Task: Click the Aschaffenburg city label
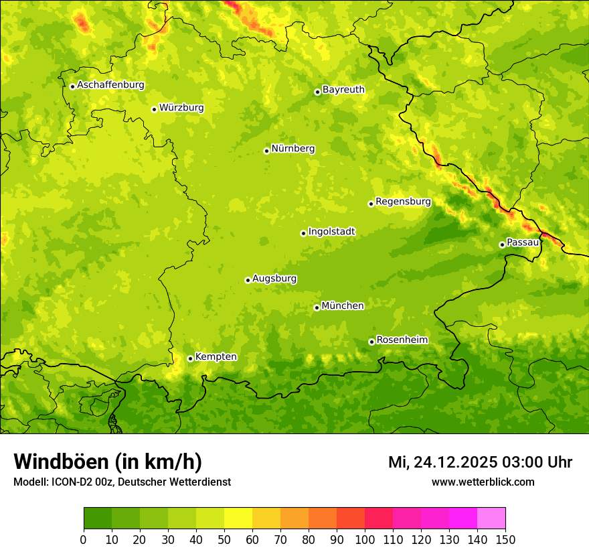pos(110,85)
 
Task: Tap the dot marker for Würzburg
pos(154,109)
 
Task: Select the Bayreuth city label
pos(343,90)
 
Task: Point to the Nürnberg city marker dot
pos(266,151)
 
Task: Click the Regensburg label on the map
pos(403,202)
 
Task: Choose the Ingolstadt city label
pos(331,232)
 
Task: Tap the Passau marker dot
pos(502,245)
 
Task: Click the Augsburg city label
pos(274,279)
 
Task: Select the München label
pos(343,306)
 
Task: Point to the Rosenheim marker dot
pos(371,342)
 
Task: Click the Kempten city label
pos(216,357)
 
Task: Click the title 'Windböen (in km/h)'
pos(108,462)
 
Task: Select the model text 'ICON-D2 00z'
pos(86,482)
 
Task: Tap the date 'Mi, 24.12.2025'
pos(442,462)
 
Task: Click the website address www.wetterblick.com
pos(483,482)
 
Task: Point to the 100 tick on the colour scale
pos(365,539)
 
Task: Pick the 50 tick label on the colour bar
pos(224,539)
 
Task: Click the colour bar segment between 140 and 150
pos(491,518)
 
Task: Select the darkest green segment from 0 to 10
pos(98,518)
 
